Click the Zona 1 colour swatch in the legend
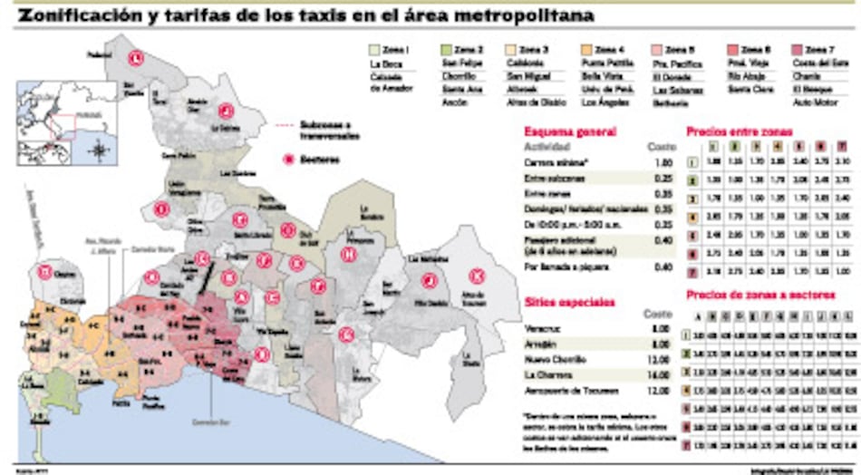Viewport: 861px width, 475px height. tap(374, 49)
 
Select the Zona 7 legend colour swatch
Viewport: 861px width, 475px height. tap(798, 49)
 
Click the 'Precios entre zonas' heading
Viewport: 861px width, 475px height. tap(739, 131)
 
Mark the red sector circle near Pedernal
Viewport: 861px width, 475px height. tap(135, 59)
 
